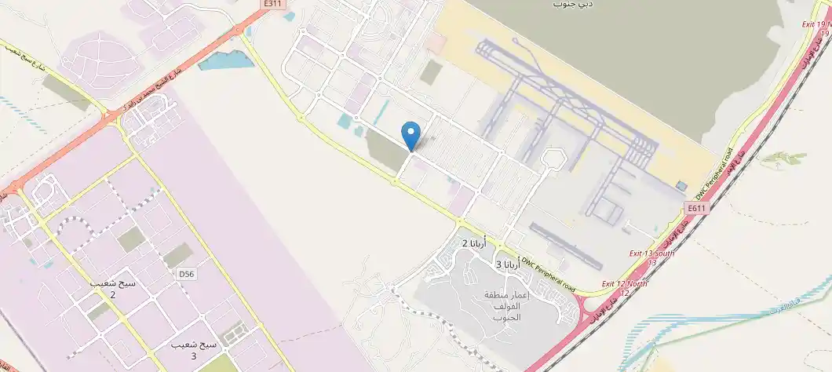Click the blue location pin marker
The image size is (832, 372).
coord(411,135)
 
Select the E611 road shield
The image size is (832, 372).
coord(696,208)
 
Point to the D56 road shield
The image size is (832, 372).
coord(186,274)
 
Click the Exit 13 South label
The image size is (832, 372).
coord(651,257)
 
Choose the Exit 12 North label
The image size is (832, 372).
coord(625,287)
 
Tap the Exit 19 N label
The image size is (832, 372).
coord(816,28)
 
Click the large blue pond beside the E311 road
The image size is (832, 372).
coord(227,60)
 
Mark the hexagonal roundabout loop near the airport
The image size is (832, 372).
coord(554,159)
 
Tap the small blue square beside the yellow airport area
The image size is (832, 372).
coord(681,185)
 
